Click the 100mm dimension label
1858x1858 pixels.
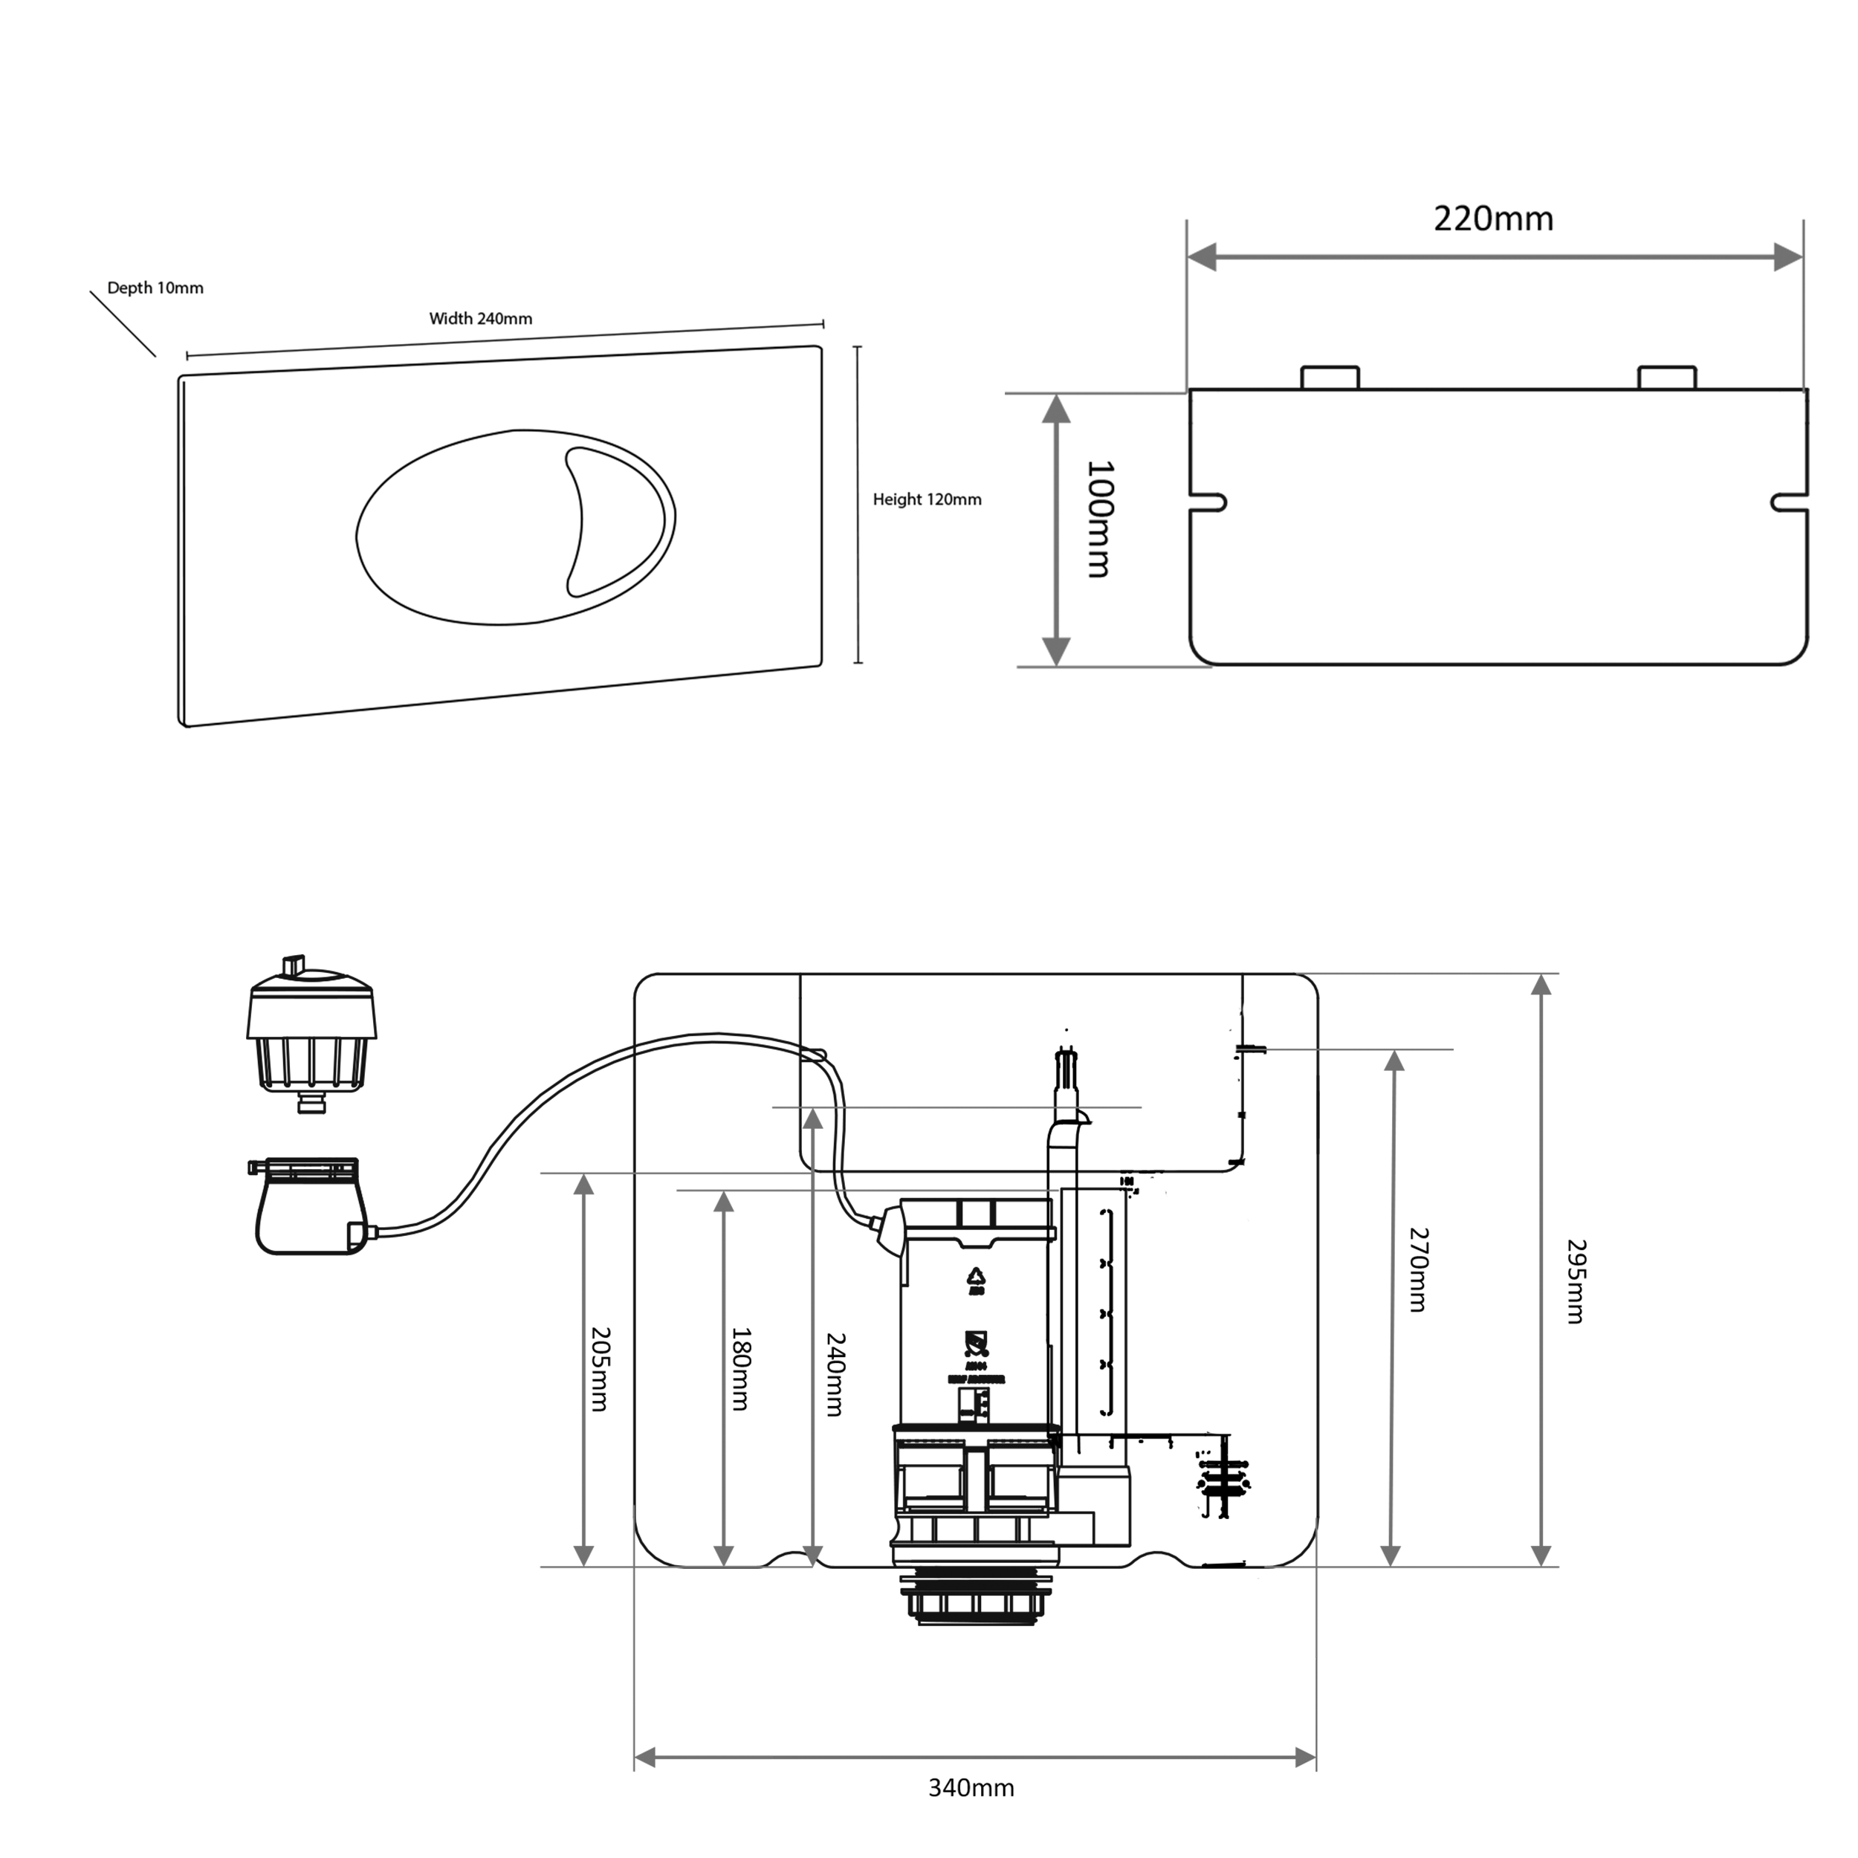pyautogui.click(x=1098, y=519)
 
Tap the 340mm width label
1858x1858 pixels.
pyautogui.click(x=971, y=1788)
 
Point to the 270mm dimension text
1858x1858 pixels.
pyautogui.click(x=1419, y=1269)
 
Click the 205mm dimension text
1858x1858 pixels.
pyautogui.click(x=599, y=1370)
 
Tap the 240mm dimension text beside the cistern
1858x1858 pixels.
pyautogui.click(x=835, y=1374)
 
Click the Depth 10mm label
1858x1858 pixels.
pyautogui.click(x=155, y=288)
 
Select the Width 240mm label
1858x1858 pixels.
pyautogui.click(x=480, y=318)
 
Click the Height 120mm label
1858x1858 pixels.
pyautogui.click(x=926, y=499)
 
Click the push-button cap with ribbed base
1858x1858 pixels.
pyautogui.click(x=311, y=1034)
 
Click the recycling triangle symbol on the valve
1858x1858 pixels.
pyautogui.click(x=976, y=1276)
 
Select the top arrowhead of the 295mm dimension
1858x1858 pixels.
pyautogui.click(x=1541, y=985)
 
